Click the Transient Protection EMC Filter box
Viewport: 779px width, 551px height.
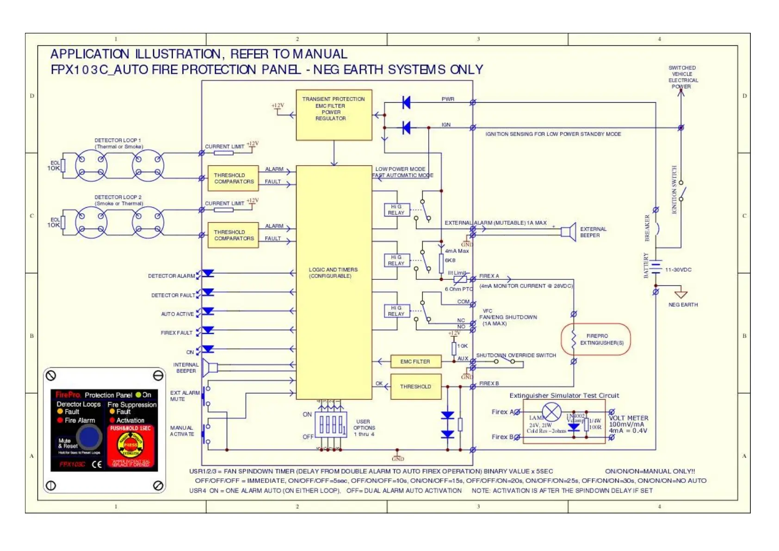click(x=334, y=115)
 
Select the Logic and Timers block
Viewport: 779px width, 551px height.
click(x=334, y=282)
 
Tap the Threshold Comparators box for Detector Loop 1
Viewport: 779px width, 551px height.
click(x=233, y=179)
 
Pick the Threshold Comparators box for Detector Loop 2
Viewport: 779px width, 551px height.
click(x=233, y=235)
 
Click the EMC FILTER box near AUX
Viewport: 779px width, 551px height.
click(x=415, y=361)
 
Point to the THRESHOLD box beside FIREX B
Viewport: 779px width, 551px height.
click(x=415, y=387)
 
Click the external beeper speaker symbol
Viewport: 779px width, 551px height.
click(x=569, y=231)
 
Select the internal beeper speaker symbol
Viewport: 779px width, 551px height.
click(x=211, y=368)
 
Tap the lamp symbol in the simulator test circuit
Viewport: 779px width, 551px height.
click(x=551, y=412)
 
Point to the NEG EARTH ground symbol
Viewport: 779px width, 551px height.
click(x=681, y=294)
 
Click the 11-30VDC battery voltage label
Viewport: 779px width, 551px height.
click(x=678, y=270)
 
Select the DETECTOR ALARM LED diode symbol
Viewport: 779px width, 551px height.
click(x=209, y=273)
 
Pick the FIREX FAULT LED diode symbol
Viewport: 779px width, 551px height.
click(x=209, y=330)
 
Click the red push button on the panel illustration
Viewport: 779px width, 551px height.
click(x=131, y=445)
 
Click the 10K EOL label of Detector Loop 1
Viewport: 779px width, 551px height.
click(x=54, y=168)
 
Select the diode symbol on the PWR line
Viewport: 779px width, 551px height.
click(x=406, y=102)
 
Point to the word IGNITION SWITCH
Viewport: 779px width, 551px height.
click(x=674, y=190)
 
